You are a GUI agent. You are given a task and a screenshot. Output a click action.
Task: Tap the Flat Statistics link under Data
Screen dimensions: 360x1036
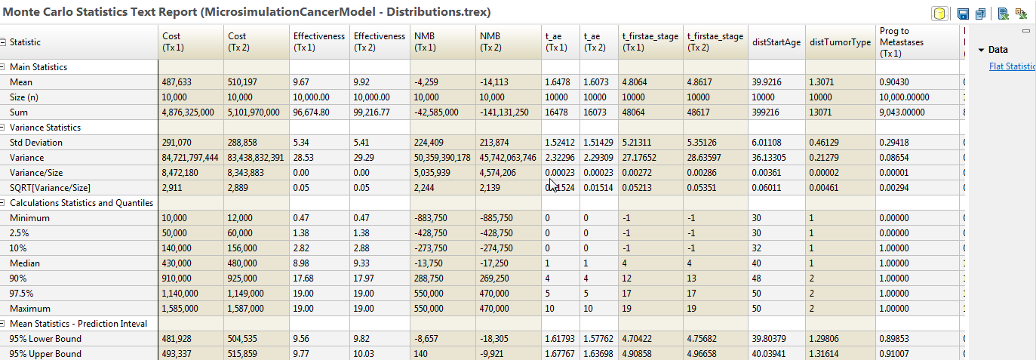pos(1012,66)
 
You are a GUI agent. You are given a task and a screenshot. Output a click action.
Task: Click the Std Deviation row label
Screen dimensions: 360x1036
pos(36,143)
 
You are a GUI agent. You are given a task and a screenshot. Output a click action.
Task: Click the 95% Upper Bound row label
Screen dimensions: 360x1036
pos(45,354)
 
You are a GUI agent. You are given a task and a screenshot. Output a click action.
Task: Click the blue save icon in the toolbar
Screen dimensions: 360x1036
pos(963,14)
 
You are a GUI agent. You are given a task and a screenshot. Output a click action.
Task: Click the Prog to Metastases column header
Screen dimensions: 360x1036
pos(901,42)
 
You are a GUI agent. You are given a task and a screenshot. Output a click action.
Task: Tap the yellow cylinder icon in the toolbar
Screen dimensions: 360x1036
pos(939,14)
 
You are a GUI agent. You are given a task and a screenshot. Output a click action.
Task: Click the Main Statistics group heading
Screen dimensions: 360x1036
pos(38,67)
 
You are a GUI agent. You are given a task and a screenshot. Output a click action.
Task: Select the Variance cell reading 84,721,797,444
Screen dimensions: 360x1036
pos(190,158)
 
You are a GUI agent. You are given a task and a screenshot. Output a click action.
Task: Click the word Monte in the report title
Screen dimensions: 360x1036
pos(22,12)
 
